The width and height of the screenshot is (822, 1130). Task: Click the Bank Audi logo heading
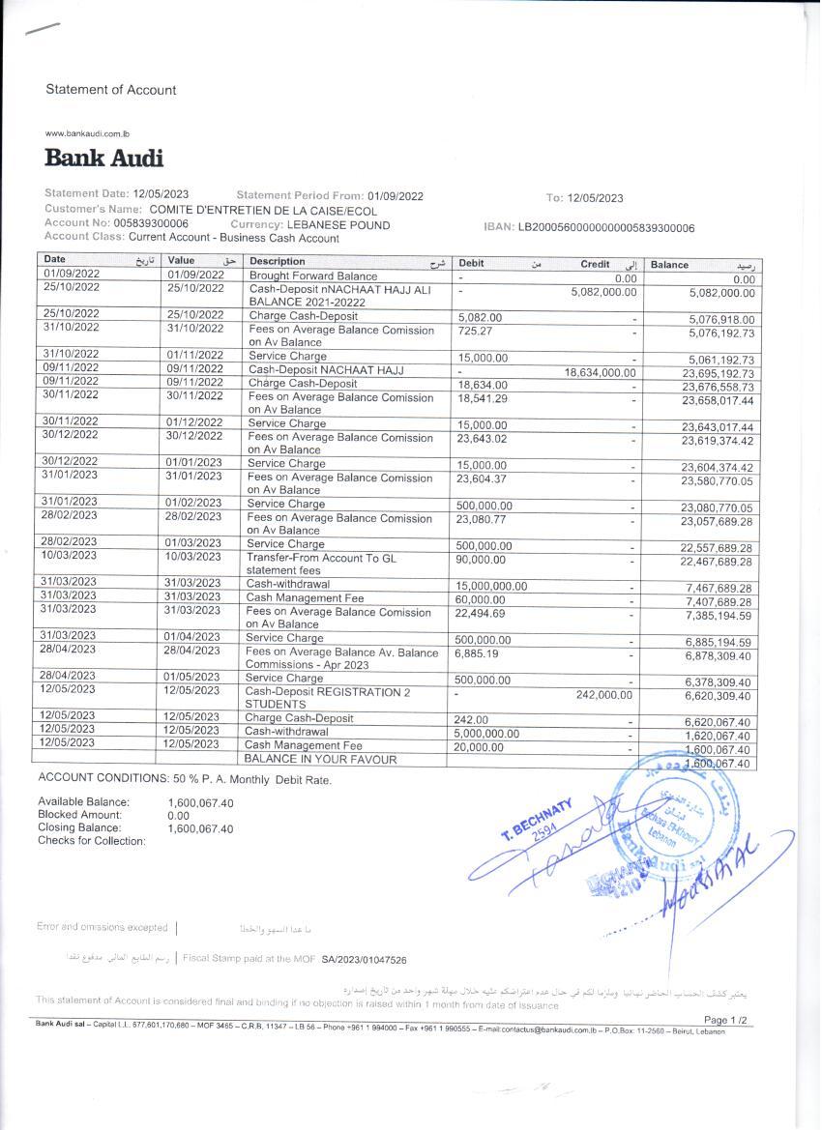coord(103,158)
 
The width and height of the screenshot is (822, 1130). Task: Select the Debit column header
coord(472,263)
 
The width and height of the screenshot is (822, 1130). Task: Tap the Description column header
coord(277,261)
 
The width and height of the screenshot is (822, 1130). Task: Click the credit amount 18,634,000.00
coord(600,371)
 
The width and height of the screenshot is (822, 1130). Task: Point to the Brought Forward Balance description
coord(313,275)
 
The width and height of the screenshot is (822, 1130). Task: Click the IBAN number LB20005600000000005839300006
coord(606,228)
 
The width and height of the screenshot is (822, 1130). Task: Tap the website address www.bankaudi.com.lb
coord(88,133)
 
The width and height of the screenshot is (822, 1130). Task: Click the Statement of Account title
coord(111,90)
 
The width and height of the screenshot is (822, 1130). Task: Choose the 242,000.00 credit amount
coord(603,694)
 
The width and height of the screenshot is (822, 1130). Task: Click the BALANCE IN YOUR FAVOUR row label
coord(320,760)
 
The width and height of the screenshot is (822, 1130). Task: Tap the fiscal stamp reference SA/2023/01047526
coord(364,960)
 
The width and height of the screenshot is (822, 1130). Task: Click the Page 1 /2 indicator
coord(725,1020)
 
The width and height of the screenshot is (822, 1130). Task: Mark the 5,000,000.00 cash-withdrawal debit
coord(486,734)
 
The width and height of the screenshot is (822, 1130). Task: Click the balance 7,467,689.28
coord(719,588)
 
